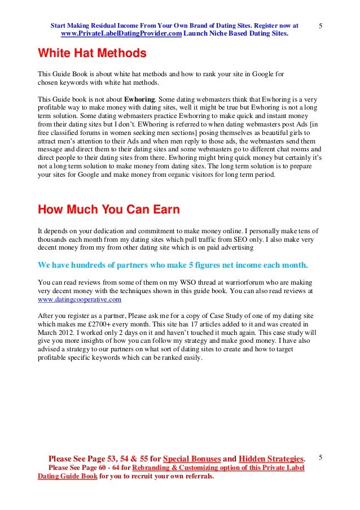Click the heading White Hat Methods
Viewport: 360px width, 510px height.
coord(91,54)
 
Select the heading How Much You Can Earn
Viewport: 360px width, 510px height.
coord(108,210)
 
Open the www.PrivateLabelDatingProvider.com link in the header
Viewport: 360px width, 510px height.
coord(121,34)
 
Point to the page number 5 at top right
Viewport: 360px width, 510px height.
coord(321,27)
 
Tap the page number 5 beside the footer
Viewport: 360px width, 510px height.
coord(321,456)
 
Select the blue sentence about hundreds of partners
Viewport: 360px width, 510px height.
coord(173,264)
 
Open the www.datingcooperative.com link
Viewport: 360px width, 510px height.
coord(79,299)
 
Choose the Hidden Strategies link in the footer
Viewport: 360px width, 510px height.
coord(271,458)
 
